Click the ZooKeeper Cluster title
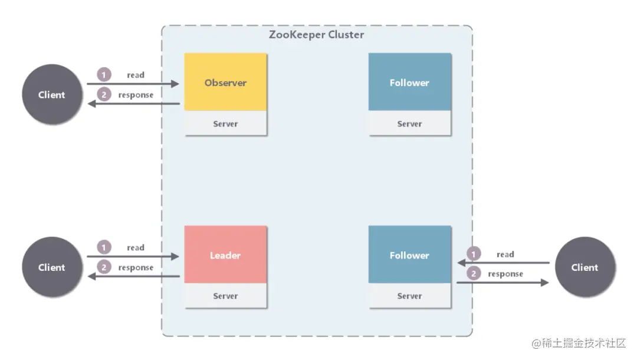[x=316, y=34]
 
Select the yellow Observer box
[x=225, y=83]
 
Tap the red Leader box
[x=225, y=255]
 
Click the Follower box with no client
[x=409, y=83]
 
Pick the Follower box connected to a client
[x=409, y=255]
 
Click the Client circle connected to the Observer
[x=52, y=94]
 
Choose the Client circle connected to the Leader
[x=52, y=267]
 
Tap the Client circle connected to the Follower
[x=585, y=267]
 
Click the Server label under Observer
[x=225, y=124]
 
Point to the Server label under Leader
[x=225, y=296]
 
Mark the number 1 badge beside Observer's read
[x=104, y=75]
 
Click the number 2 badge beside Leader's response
[x=104, y=267]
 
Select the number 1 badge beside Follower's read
[x=473, y=254]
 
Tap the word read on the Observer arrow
[x=136, y=75]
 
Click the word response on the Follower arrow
[x=505, y=274]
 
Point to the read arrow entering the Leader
[x=133, y=257]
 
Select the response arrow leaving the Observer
[x=133, y=104]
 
